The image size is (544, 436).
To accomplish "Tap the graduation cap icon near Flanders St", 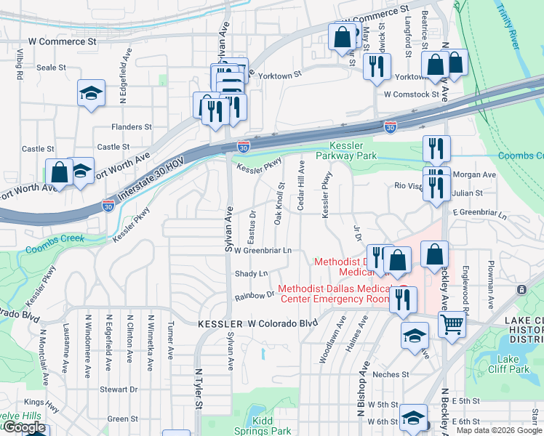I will [x=92, y=92].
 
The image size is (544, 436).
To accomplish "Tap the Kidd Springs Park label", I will [x=271, y=426].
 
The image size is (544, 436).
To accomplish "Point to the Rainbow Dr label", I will [x=254, y=296].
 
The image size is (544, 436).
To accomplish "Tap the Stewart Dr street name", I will [x=114, y=389].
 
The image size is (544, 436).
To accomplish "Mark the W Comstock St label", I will [x=412, y=94].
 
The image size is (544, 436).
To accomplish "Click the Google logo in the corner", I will [x=24, y=427].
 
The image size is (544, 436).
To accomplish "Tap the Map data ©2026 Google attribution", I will [x=499, y=430].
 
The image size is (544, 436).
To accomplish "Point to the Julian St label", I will [x=468, y=193].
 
